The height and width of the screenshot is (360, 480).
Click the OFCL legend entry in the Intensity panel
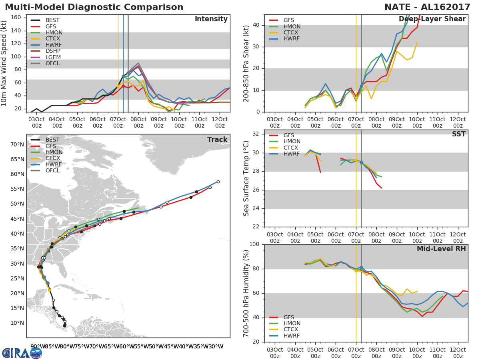45,63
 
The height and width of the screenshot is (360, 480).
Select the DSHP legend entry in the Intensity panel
46,51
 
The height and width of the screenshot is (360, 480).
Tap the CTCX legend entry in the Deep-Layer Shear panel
284,32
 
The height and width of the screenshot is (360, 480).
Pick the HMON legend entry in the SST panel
284,142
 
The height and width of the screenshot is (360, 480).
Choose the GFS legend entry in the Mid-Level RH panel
282,317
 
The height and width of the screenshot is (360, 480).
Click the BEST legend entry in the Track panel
45,140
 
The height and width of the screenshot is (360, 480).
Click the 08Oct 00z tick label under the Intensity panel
138,122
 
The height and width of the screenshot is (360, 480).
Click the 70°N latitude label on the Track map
17,145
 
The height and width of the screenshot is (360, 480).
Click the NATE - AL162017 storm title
427,7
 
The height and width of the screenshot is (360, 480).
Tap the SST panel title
459,134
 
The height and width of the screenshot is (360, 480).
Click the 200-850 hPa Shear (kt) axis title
246,64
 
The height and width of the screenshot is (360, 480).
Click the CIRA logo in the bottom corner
22,353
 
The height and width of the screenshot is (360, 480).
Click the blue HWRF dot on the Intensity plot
123,76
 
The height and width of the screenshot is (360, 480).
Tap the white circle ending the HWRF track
218,182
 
